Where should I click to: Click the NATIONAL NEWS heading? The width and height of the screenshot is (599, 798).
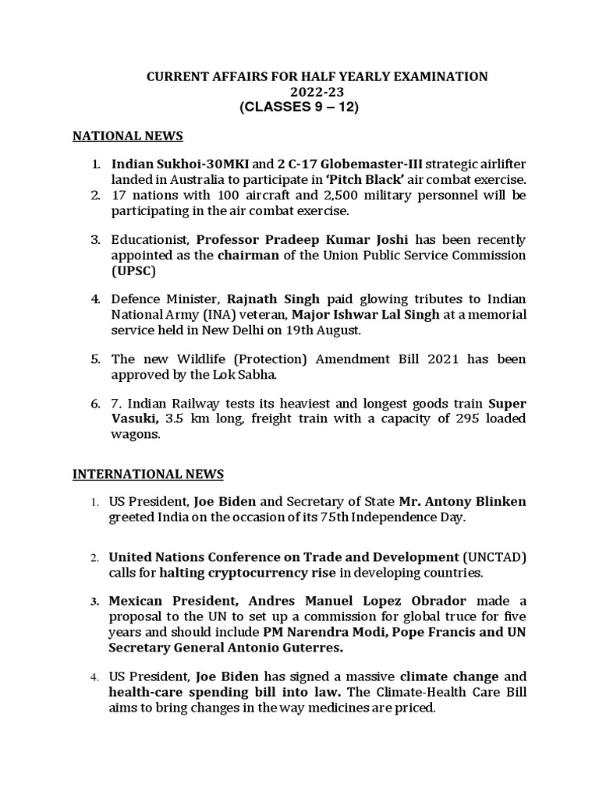pos(127,136)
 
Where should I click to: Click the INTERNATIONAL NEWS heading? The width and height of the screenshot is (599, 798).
pos(147,474)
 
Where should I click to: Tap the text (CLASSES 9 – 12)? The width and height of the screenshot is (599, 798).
pos(300,108)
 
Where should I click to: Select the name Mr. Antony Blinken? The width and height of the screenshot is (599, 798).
pos(463,501)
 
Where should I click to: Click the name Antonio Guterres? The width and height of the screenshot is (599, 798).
pos(291,648)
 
